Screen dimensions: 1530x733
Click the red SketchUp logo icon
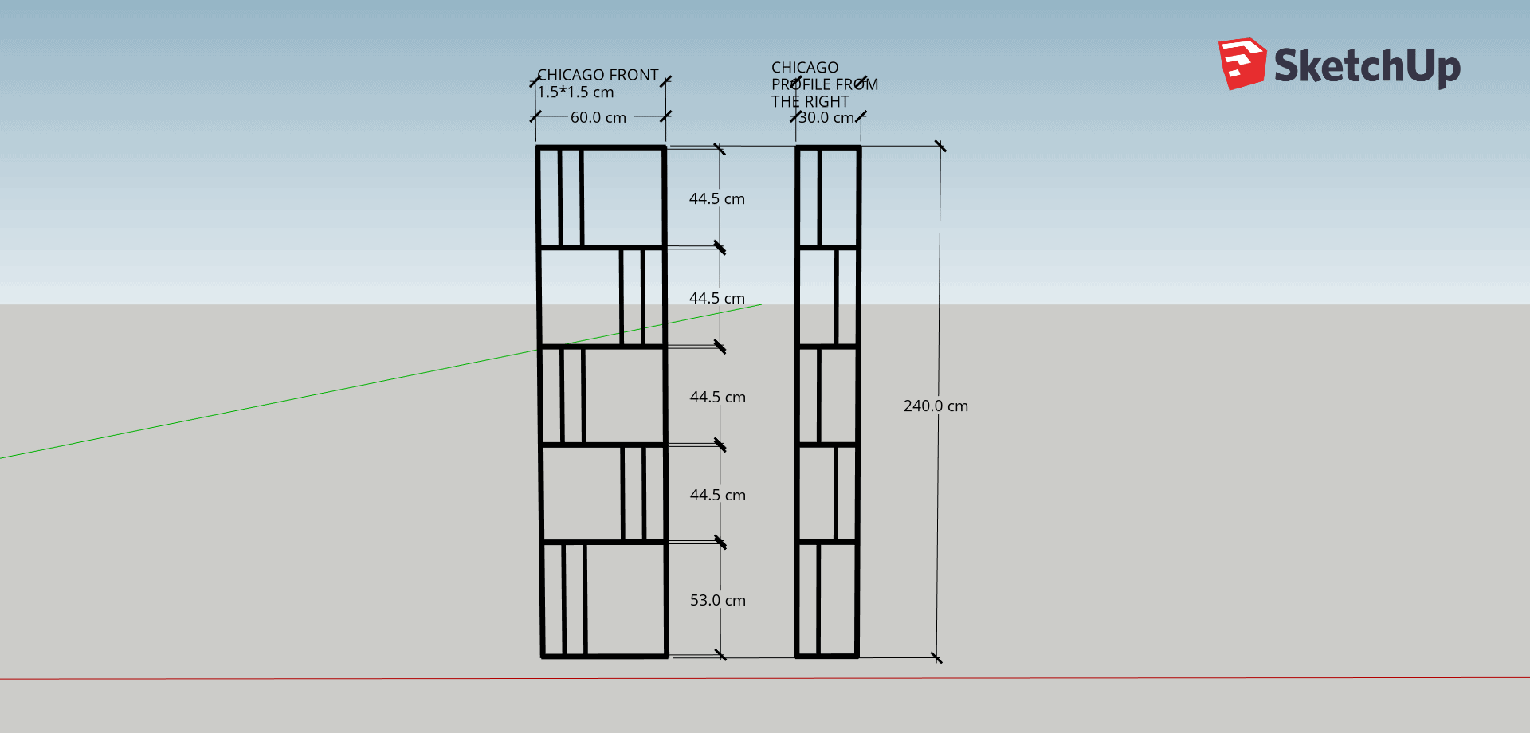pyautogui.click(x=1242, y=64)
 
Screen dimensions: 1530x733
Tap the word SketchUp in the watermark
pyautogui.click(x=1367, y=65)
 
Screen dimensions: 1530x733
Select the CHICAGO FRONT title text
pyautogui.click(x=598, y=75)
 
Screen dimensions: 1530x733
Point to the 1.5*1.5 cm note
pyautogui.click(x=575, y=92)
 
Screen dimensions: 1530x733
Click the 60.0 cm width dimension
pyautogui.click(x=598, y=118)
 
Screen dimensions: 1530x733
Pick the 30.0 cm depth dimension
pyautogui.click(x=826, y=118)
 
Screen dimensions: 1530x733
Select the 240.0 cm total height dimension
pyautogui.click(x=936, y=406)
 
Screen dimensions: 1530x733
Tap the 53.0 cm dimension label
pyautogui.click(x=718, y=601)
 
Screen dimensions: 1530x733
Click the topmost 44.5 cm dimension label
pyautogui.click(x=717, y=199)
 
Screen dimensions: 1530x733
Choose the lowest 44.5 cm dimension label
pyautogui.click(x=718, y=496)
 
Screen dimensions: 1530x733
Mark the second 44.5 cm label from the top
pyautogui.click(x=717, y=299)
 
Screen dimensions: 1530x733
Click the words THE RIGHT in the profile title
pyautogui.click(x=810, y=102)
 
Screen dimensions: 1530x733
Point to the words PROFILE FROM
pyautogui.click(x=825, y=84)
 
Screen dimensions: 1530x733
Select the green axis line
pyautogui.click(x=381, y=381)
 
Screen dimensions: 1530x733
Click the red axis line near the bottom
pyautogui.click(x=765, y=678)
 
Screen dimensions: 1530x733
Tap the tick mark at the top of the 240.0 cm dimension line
pyautogui.click(x=940, y=146)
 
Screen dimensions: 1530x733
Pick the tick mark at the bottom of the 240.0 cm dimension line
pyautogui.click(x=936, y=657)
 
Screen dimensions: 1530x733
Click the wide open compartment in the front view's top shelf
pyautogui.click(x=622, y=197)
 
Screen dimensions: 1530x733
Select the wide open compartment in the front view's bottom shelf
pyautogui.click(x=626, y=599)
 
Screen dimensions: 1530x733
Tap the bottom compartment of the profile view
pyautogui.click(x=838, y=599)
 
